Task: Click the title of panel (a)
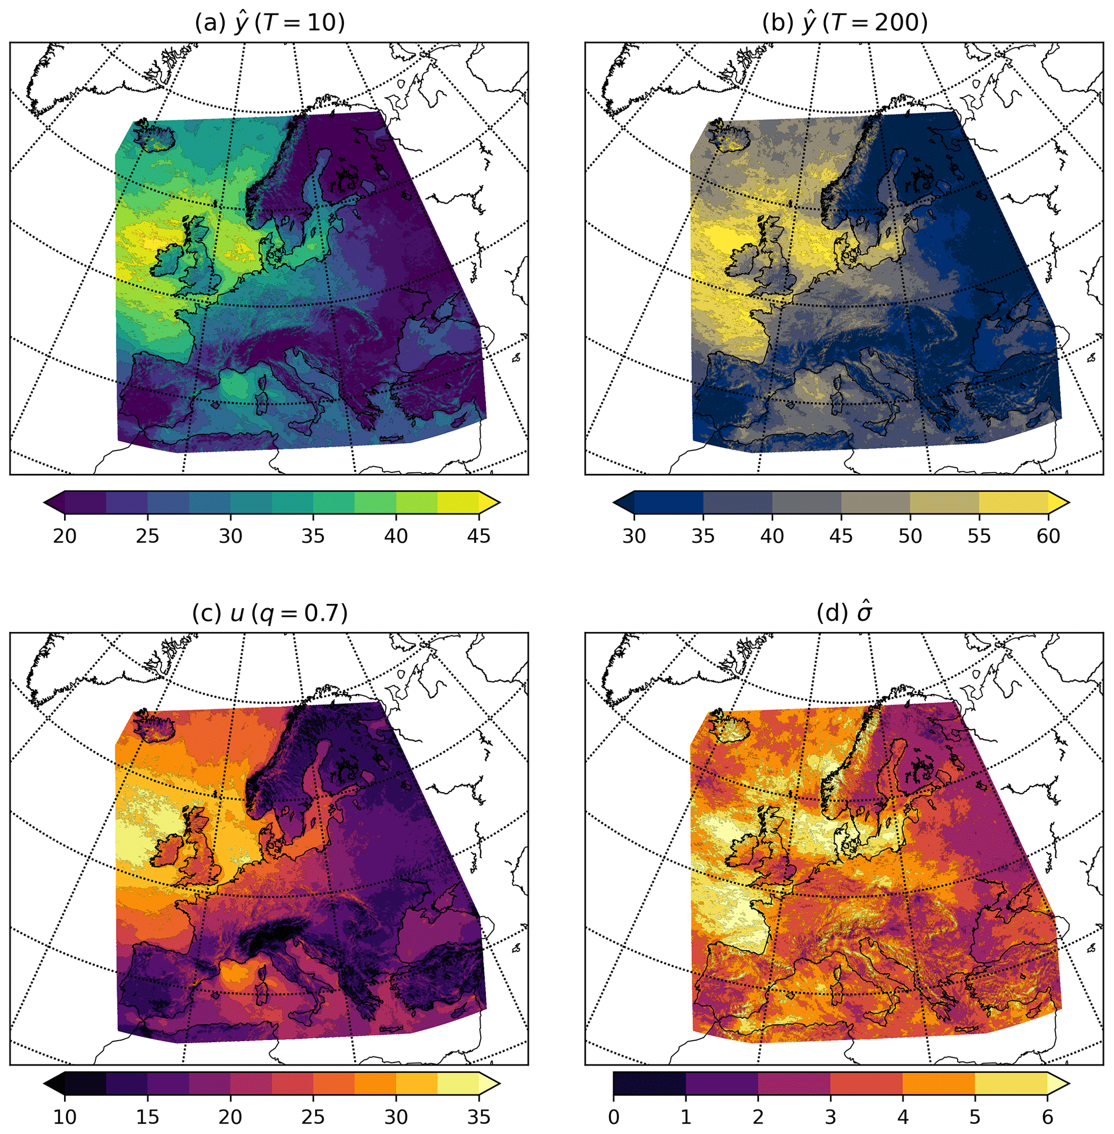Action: pos(269,23)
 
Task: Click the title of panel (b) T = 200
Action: pos(845,23)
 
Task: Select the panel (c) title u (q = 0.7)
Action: pos(269,614)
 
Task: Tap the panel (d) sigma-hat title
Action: pos(845,614)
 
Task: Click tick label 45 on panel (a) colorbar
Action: pos(479,535)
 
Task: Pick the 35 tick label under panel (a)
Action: pos(313,535)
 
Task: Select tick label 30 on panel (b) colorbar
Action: pos(634,535)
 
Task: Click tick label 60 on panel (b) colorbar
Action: pos(1047,535)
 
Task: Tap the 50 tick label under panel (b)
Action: pos(910,535)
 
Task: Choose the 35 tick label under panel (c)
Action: pos(479,1117)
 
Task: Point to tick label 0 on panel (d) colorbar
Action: pos(613,1117)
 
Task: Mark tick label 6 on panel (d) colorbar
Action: pos(1047,1117)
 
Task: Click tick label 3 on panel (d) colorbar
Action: pos(830,1117)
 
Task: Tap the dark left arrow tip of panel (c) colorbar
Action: pos(53,1083)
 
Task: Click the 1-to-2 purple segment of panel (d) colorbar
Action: pos(722,1083)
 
